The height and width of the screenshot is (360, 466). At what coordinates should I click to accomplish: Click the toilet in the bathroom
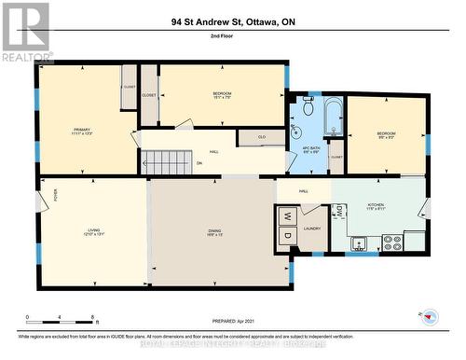(x=308, y=108)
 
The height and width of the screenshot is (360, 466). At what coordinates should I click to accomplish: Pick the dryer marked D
(x=287, y=236)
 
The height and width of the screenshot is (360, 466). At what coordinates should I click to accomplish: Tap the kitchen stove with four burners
(x=392, y=242)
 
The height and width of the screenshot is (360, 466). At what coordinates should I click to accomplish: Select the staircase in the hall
(x=168, y=162)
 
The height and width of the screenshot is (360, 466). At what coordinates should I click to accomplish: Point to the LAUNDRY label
(x=312, y=228)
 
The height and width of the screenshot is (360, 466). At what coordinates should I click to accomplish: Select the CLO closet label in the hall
(x=262, y=137)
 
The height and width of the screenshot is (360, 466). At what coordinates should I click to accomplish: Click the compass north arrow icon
(x=431, y=314)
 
